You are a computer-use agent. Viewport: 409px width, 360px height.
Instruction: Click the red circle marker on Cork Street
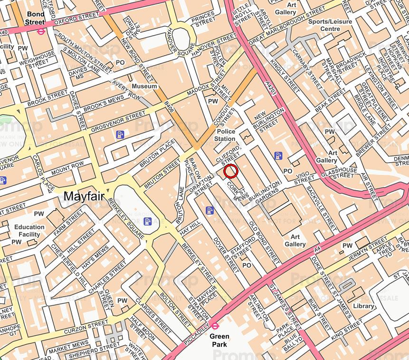[x=230, y=171]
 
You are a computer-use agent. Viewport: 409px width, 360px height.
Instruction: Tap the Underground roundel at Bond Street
[x=41, y=32]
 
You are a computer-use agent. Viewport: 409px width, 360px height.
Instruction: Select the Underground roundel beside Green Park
[x=215, y=326]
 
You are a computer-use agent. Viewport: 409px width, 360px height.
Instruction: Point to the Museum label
[x=144, y=87]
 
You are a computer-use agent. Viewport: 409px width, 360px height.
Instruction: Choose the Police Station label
[x=226, y=135]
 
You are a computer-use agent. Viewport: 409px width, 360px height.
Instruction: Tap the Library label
[x=363, y=306]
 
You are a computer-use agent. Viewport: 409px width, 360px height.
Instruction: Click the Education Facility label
[x=29, y=231]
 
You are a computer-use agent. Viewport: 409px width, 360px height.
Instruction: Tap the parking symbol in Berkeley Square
[x=148, y=221]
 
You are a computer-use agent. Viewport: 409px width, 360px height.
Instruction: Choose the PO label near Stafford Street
[x=246, y=265]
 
